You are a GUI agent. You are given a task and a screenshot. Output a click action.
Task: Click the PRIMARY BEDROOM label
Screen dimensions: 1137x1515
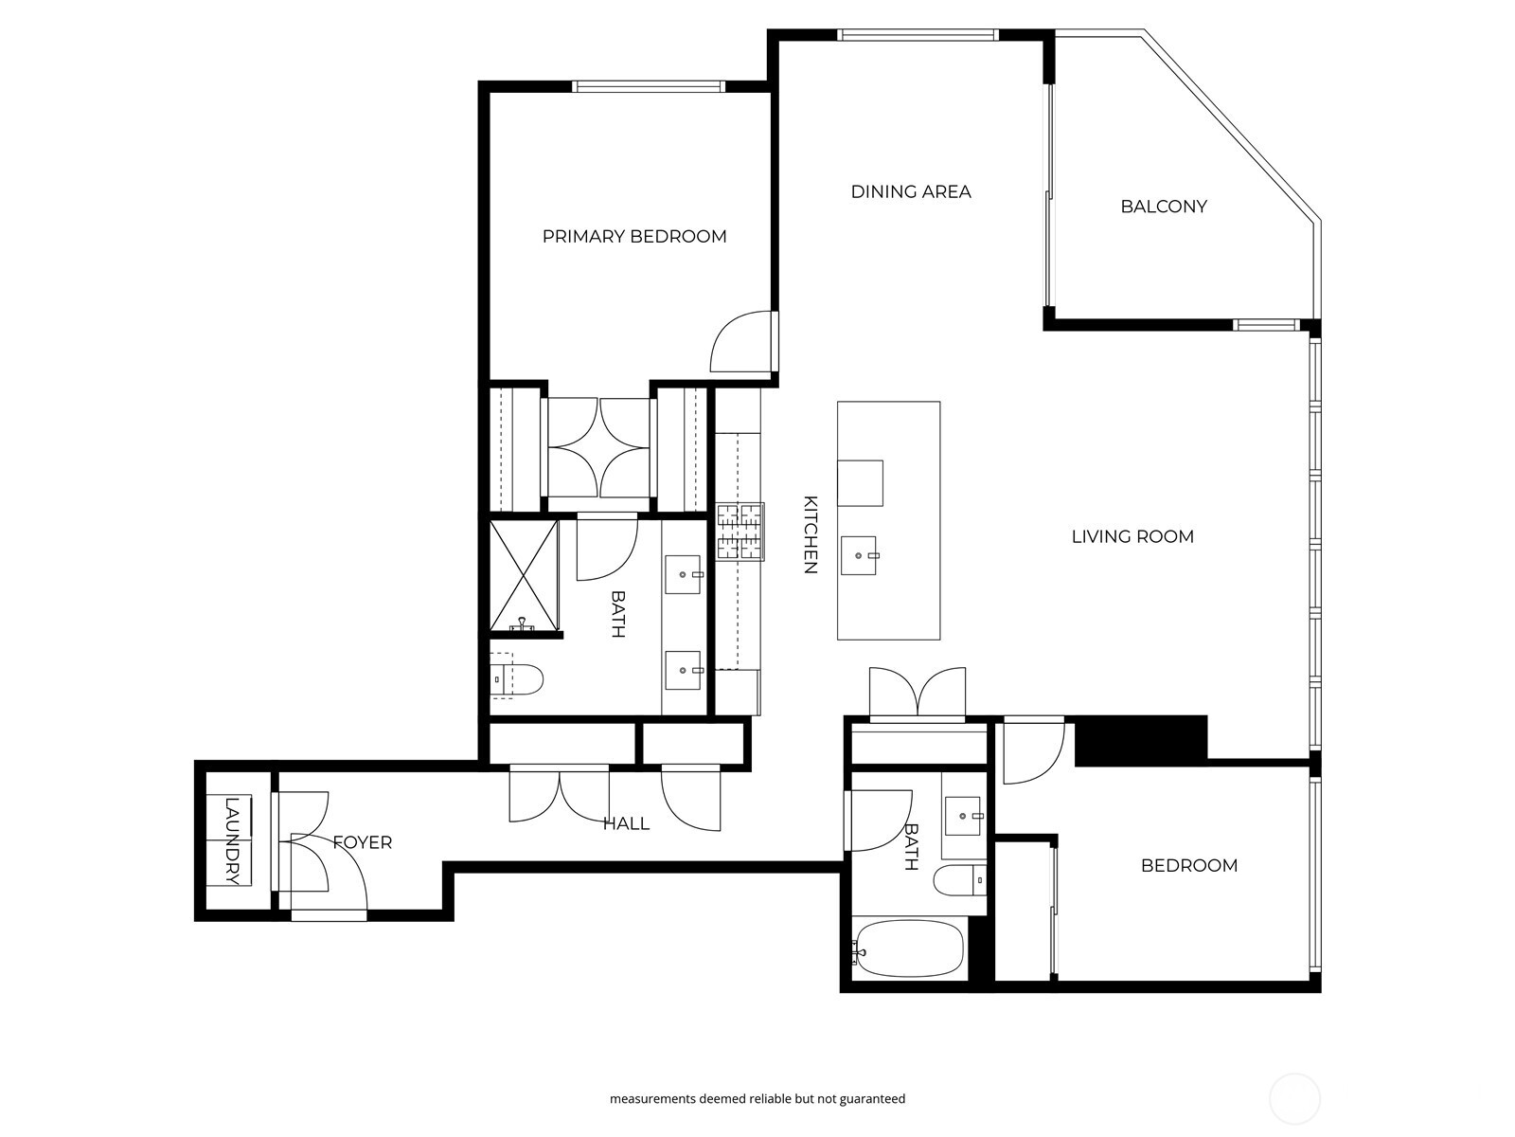click(x=634, y=236)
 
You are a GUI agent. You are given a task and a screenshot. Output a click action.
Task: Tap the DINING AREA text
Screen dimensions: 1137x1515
click(x=910, y=191)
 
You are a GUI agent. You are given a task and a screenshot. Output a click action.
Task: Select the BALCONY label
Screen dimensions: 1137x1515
click(x=1163, y=207)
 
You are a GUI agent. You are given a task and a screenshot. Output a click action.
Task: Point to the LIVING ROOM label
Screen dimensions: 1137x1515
click(x=1132, y=536)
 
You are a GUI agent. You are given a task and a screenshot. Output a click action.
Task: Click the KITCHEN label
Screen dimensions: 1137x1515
click(x=811, y=534)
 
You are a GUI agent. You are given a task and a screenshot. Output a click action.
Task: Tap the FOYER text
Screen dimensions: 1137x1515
click(x=363, y=842)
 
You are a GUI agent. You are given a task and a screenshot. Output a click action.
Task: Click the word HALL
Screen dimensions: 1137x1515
click(x=626, y=823)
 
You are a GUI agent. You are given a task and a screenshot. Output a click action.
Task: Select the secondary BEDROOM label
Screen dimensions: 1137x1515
click(x=1188, y=865)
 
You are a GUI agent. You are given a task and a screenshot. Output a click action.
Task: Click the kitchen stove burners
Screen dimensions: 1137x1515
click(x=740, y=531)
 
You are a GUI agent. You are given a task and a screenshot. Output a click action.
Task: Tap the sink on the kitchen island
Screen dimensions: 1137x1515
click(x=861, y=554)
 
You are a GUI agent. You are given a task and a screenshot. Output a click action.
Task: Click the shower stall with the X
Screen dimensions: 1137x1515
click(x=524, y=574)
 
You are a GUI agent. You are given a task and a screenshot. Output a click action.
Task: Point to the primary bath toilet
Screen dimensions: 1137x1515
click(x=519, y=678)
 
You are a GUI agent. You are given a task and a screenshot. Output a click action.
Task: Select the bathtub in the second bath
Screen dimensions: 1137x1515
click(x=908, y=949)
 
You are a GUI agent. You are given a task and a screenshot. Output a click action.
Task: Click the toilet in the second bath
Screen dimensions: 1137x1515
click(x=959, y=880)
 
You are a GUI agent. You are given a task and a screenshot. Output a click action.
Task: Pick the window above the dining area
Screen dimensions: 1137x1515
click(x=918, y=36)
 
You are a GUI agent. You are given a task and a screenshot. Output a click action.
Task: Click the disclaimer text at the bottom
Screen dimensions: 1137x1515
click(x=757, y=1099)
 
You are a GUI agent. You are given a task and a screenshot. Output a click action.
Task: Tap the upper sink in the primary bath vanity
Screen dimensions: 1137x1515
click(x=684, y=574)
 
